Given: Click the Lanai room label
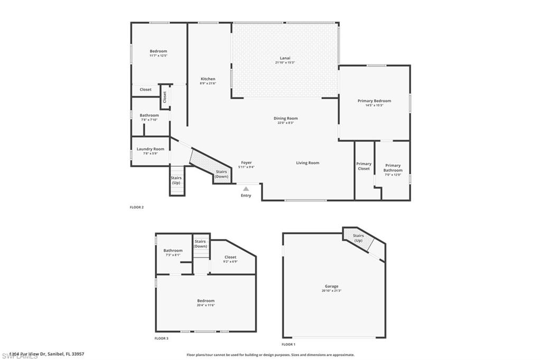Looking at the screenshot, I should click(285, 58).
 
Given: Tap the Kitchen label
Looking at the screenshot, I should click(208, 79).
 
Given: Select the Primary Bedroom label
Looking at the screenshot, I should click(374, 101).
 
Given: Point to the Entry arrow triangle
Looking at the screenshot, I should click(246, 188).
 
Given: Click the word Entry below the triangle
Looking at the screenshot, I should click(246, 196).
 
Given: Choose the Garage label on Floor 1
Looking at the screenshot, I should click(331, 287).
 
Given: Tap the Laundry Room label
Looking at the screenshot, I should click(151, 149).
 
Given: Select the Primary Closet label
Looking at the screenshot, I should click(363, 166).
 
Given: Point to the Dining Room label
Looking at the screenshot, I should click(285, 118).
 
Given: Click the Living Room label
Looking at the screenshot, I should click(307, 163).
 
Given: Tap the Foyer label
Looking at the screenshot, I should click(246, 163).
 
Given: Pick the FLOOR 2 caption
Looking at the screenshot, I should click(137, 207).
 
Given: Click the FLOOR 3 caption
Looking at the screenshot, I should click(162, 338).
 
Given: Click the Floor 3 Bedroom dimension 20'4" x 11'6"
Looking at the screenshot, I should click(206, 305).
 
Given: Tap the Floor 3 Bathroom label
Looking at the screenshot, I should click(173, 251).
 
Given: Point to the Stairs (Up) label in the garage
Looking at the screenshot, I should click(358, 238).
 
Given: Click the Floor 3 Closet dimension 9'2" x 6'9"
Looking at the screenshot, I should click(230, 261).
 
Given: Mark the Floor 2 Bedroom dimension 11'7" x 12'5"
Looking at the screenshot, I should click(158, 55).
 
